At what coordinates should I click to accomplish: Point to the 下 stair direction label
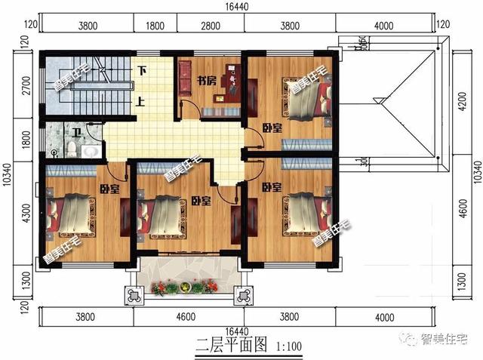142,73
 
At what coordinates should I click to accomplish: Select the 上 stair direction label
142,100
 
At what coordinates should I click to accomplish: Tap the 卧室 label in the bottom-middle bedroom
199,201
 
